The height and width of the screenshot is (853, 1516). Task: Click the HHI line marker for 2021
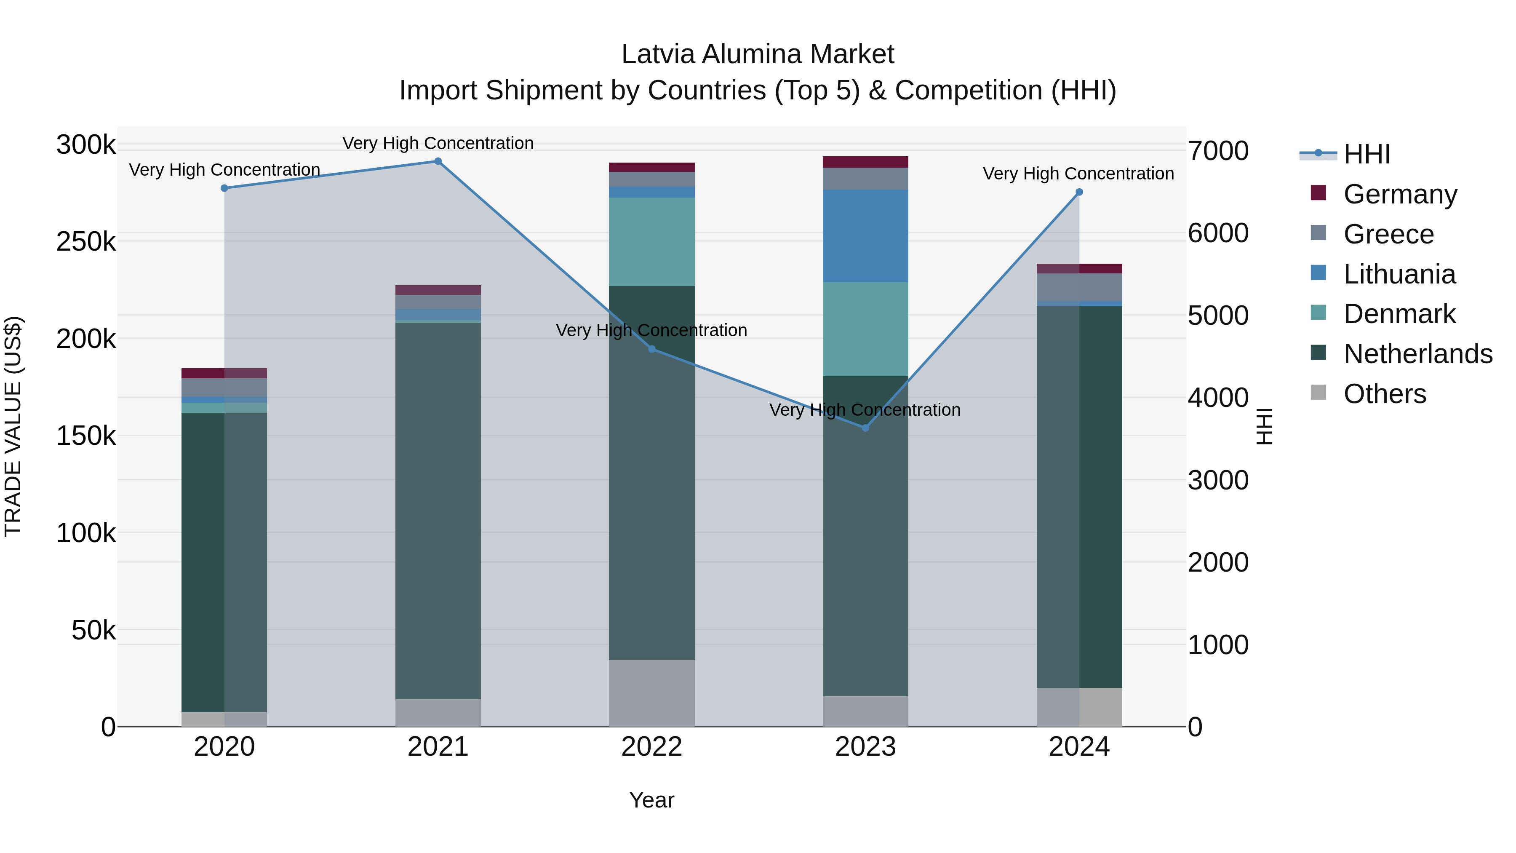tap(438, 161)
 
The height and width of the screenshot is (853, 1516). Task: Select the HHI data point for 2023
tap(865, 428)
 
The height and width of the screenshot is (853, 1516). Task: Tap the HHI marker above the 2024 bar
tap(1079, 192)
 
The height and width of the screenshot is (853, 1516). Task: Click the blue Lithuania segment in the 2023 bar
tap(865, 235)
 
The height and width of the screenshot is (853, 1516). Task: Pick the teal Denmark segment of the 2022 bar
tap(651, 241)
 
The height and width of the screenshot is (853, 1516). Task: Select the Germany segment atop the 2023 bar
tap(865, 162)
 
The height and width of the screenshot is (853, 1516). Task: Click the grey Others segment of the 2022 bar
tap(651, 693)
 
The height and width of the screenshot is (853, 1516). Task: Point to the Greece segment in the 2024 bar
tap(1079, 287)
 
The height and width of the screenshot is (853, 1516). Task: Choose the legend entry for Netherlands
tap(1418, 354)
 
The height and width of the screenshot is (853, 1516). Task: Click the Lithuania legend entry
tap(1399, 274)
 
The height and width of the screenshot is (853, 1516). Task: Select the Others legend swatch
tap(1318, 393)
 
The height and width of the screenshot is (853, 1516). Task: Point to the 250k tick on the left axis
tap(86, 242)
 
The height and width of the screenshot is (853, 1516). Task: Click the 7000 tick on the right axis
tap(1217, 151)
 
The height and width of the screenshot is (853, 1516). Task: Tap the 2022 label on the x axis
tap(651, 747)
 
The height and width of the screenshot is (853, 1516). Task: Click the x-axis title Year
tap(651, 800)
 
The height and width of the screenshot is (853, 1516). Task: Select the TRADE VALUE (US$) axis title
tap(13, 426)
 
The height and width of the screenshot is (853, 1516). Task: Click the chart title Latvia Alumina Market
tap(758, 54)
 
